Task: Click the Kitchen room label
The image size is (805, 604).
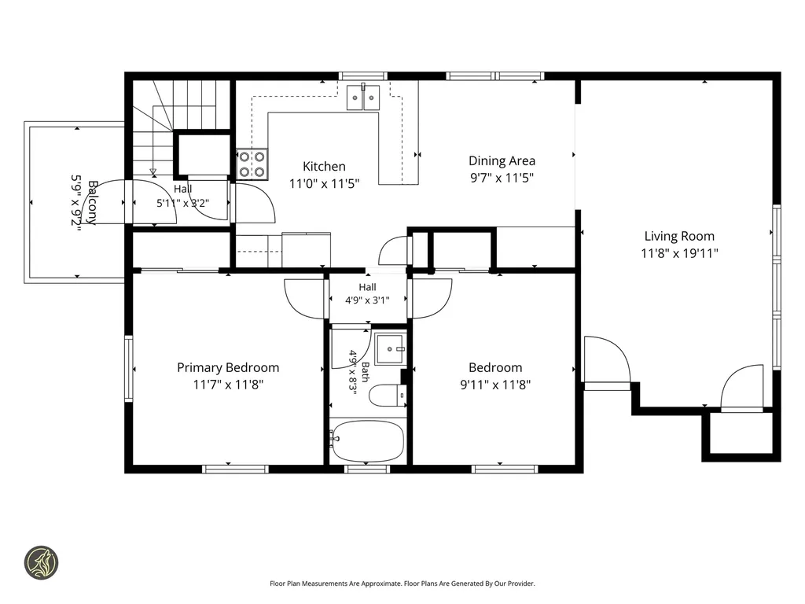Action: pos(324,167)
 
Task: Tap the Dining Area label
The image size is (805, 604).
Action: pos(502,160)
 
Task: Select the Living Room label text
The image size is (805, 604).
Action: pos(679,236)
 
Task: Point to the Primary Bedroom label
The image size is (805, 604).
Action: pos(228,368)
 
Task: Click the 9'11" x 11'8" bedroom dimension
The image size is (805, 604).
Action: pos(495,385)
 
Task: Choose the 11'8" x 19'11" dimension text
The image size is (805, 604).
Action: pos(679,253)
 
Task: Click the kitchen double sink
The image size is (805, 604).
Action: pos(363,98)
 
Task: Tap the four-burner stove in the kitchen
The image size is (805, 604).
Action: pos(252,164)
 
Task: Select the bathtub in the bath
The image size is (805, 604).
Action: pos(367,440)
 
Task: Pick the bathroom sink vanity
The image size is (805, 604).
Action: pos(391,348)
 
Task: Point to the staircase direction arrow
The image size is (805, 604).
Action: pos(153,172)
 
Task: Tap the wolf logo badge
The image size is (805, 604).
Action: pos(42,562)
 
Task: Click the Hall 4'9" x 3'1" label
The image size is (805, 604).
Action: pos(367,294)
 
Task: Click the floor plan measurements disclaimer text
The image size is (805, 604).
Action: pos(402,584)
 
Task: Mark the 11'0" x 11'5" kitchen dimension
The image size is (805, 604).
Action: pos(324,183)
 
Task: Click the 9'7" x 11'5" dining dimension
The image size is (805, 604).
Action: pos(502,178)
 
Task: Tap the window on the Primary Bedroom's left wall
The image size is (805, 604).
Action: pos(128,369)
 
